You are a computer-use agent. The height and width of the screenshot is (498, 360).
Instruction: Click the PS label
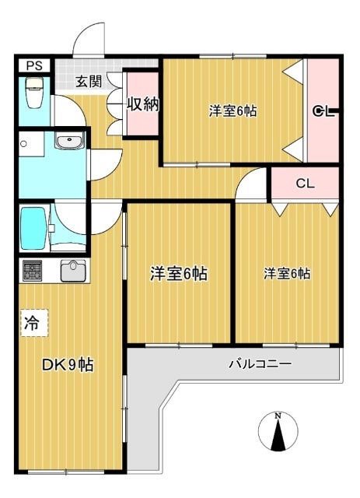pos(32,66)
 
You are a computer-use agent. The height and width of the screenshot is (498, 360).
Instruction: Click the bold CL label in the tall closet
pos(323,111)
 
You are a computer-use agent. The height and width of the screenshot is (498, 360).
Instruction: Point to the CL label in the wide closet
pos(305,185)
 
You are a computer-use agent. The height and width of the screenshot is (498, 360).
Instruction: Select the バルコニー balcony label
pos(260,363)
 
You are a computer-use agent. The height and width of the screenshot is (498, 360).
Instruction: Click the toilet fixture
pos(33,93)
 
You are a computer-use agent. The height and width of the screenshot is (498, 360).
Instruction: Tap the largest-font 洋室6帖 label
pos(178,274)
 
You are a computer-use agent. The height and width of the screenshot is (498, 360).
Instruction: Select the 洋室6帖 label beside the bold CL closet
pos(232,110)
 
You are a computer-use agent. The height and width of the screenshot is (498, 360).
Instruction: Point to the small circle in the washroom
pos(24,144)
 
